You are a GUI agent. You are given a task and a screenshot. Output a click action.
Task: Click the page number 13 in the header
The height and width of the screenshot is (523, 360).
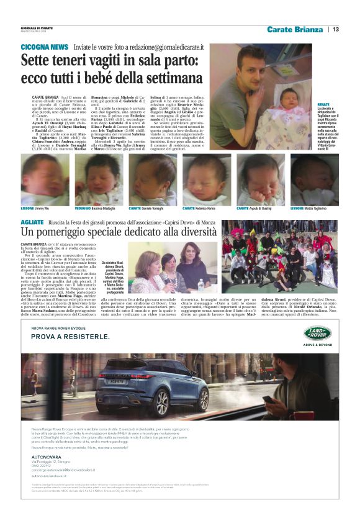(x=335, y=29)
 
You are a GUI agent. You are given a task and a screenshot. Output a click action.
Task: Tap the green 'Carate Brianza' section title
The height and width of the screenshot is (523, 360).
(x=295, y=29)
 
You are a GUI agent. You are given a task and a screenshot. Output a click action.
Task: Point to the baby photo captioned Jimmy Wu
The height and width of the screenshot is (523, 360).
(x=44, y=180)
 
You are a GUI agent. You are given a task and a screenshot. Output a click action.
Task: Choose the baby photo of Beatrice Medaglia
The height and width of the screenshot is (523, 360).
(x=98, y=180)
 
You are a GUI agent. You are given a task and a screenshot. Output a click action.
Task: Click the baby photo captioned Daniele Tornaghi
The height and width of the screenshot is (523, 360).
(x=152, y=180)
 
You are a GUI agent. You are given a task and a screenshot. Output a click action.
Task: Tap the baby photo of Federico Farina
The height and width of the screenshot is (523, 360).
(x=206, y=180)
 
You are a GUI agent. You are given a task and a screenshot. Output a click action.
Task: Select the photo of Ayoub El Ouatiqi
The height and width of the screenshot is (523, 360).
(x=260, y=180)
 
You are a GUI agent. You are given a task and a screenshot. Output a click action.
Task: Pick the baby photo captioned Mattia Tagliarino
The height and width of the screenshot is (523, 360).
(x=314, y=180)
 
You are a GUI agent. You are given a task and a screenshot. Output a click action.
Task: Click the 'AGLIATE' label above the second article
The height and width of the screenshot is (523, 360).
(x=32, y=222)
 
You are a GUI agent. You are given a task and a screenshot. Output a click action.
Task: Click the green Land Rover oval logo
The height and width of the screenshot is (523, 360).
(x=317, y=333)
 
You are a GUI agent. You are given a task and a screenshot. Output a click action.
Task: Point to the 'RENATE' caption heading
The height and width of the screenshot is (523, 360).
(x=323, y=104)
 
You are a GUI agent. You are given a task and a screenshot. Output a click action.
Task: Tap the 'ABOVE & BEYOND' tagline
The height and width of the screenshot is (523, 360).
(x=317, y=347)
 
